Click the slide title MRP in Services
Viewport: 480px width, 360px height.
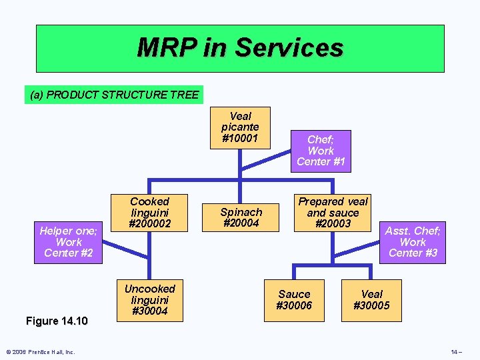click(x=239, y=48)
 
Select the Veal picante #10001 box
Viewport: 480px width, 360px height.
click(x=240, y=127)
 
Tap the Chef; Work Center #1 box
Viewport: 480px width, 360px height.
click(x=321, y=151)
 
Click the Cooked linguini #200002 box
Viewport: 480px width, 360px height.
click(x=150, y=213)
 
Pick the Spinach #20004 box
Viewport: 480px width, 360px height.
click(x=241, y=217)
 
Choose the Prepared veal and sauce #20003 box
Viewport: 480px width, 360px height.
click(x=333, y=213)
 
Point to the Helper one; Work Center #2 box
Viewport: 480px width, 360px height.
click(x=69, y=242)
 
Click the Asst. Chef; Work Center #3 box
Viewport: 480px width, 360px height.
click(x=413, y=242)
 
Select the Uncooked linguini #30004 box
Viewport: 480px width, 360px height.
click(x=150, y=299)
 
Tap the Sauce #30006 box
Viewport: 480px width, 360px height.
click(x=294, y=299)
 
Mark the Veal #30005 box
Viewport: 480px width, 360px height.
click(x=371, y=299)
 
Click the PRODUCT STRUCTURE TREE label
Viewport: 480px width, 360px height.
click(x=114, y=95)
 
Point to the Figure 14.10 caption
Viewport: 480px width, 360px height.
click(x=56, y=321)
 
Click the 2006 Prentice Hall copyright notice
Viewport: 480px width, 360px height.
click(x=41, y=352)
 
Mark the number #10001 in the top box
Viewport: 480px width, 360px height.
click(x=240, y=138)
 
